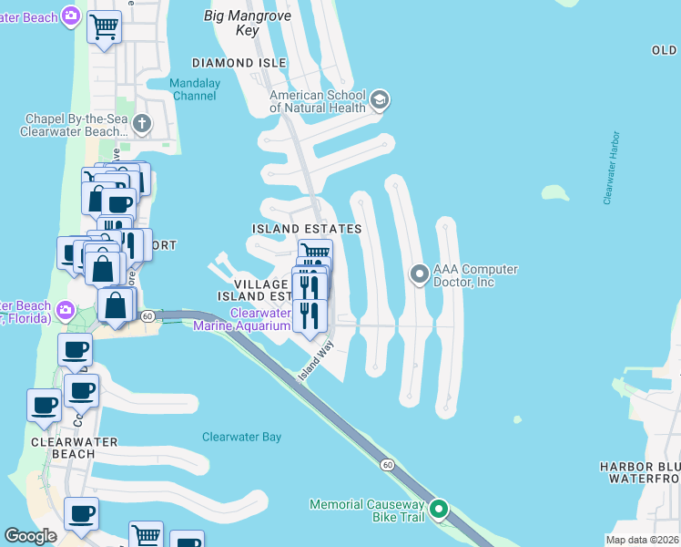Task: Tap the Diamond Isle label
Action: pyautogui.click(x=239, y=63)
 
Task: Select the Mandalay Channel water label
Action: pyautogui.click(x=193, y=89)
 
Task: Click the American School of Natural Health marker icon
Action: pyautogui.click(x=380, y=99)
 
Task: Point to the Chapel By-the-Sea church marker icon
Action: pyautogui.click(x=141, y=123)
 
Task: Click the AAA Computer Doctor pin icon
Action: pyautogui.click(x=419, y=273)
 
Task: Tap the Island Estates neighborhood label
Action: pyautogui.click(x=307, y=229)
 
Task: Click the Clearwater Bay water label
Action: pyautogui.click(x=241, y=437)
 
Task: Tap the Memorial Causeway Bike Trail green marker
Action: pyautogui.click(x=439, y=510)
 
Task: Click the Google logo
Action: pyautogui.click(x=31, y=536)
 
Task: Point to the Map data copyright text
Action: pyautogui.click(x=642, y=540)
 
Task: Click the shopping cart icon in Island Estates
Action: pyautogui.click(x=315, y=252)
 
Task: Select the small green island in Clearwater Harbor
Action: pyautogui.click(x=554, y=192)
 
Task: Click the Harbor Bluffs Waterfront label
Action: pyautogui.click(x=639, y=472)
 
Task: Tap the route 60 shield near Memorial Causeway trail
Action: pyautogui.click(x=388, y=465)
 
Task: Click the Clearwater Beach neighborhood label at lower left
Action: pyautogui.click(x=62, y=448)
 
